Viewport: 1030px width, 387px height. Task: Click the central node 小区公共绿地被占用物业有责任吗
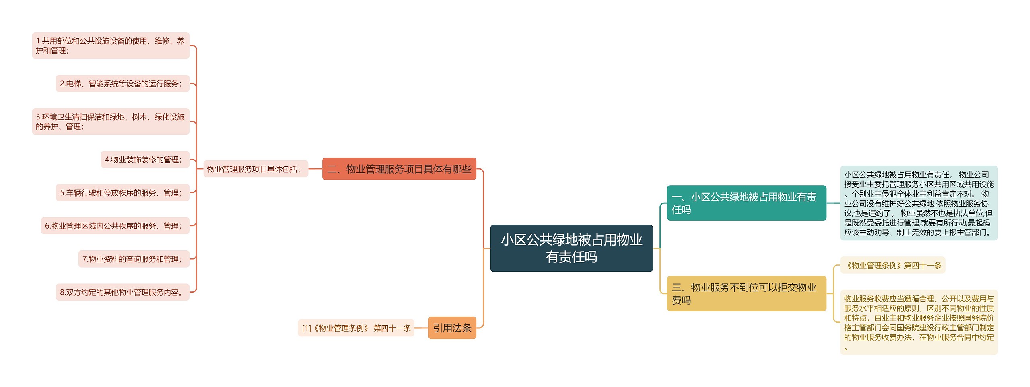pos(571,248)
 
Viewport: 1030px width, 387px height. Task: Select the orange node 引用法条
pos(452,328)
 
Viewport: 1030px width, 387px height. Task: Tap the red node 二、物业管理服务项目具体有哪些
pos(399,169)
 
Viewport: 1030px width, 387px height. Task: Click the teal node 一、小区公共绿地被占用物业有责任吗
pos(746,203)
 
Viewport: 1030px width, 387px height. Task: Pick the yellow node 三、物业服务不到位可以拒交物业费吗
pos(746,293)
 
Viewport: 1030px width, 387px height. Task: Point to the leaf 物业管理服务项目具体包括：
pos(255,169)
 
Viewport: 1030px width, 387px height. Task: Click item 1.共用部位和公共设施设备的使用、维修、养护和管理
pos(111,45)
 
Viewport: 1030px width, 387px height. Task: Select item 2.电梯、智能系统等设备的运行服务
pos(122,84)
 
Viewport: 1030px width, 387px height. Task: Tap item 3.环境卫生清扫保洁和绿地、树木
pos(111,121)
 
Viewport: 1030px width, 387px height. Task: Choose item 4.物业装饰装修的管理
pos(145,160)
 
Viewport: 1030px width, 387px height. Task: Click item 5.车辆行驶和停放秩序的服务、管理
pos(122,193)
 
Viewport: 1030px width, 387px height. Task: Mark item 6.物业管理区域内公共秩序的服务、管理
pos(115,226)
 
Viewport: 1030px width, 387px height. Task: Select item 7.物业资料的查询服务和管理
pos(134,259)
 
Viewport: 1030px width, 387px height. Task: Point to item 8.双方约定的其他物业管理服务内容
pos(122,292)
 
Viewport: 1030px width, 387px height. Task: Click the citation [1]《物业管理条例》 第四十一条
pos(356,328)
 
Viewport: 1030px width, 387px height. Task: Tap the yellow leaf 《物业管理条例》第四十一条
pos(893,265)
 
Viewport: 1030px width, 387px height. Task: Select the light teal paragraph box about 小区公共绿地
pos(919,203)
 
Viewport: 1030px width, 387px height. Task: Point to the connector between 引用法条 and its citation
pos(421,328)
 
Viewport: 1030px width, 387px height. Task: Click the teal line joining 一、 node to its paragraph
pos(833,203)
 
